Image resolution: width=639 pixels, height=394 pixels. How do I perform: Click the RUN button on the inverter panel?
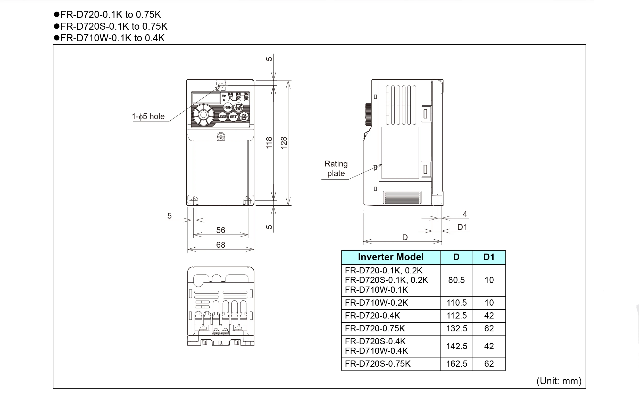[x=228, y=107]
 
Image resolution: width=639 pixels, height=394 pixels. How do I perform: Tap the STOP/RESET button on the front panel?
[x=238, y=107]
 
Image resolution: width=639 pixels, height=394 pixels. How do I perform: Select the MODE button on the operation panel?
[x=222, y=117]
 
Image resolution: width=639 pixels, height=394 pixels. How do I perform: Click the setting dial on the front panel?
[x=203, y=115]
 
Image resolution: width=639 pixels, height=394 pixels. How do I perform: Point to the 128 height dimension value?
[x=284, y=142]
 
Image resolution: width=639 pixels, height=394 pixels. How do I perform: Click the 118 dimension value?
[x=269, y=142]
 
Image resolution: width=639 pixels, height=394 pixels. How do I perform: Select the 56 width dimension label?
[x=220, y=230]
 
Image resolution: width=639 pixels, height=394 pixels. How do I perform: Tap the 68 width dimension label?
[x=220, y=245]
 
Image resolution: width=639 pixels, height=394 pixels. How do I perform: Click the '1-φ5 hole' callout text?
[x=148, y=116]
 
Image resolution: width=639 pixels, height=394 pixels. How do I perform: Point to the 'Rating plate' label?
[x=336, y=169]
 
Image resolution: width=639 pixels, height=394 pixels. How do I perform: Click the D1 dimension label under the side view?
[x=462, y=227]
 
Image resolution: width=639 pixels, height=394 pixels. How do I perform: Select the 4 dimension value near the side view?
[x=465, y=214]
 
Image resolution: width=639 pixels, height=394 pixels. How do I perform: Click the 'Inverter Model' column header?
[x=391, y=257]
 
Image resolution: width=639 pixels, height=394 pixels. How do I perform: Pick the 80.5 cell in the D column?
[x=456, y=280]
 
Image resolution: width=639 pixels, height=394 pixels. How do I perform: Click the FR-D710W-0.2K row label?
[x=376, y=303]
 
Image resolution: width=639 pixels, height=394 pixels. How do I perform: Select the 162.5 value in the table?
[x=457, y=364]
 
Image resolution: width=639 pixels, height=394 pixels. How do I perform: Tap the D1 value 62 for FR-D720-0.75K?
[x=489, y=329]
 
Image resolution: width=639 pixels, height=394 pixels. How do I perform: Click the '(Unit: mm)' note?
[x=559, y=381]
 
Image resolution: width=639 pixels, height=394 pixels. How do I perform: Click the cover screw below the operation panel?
[x=221, y=137]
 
